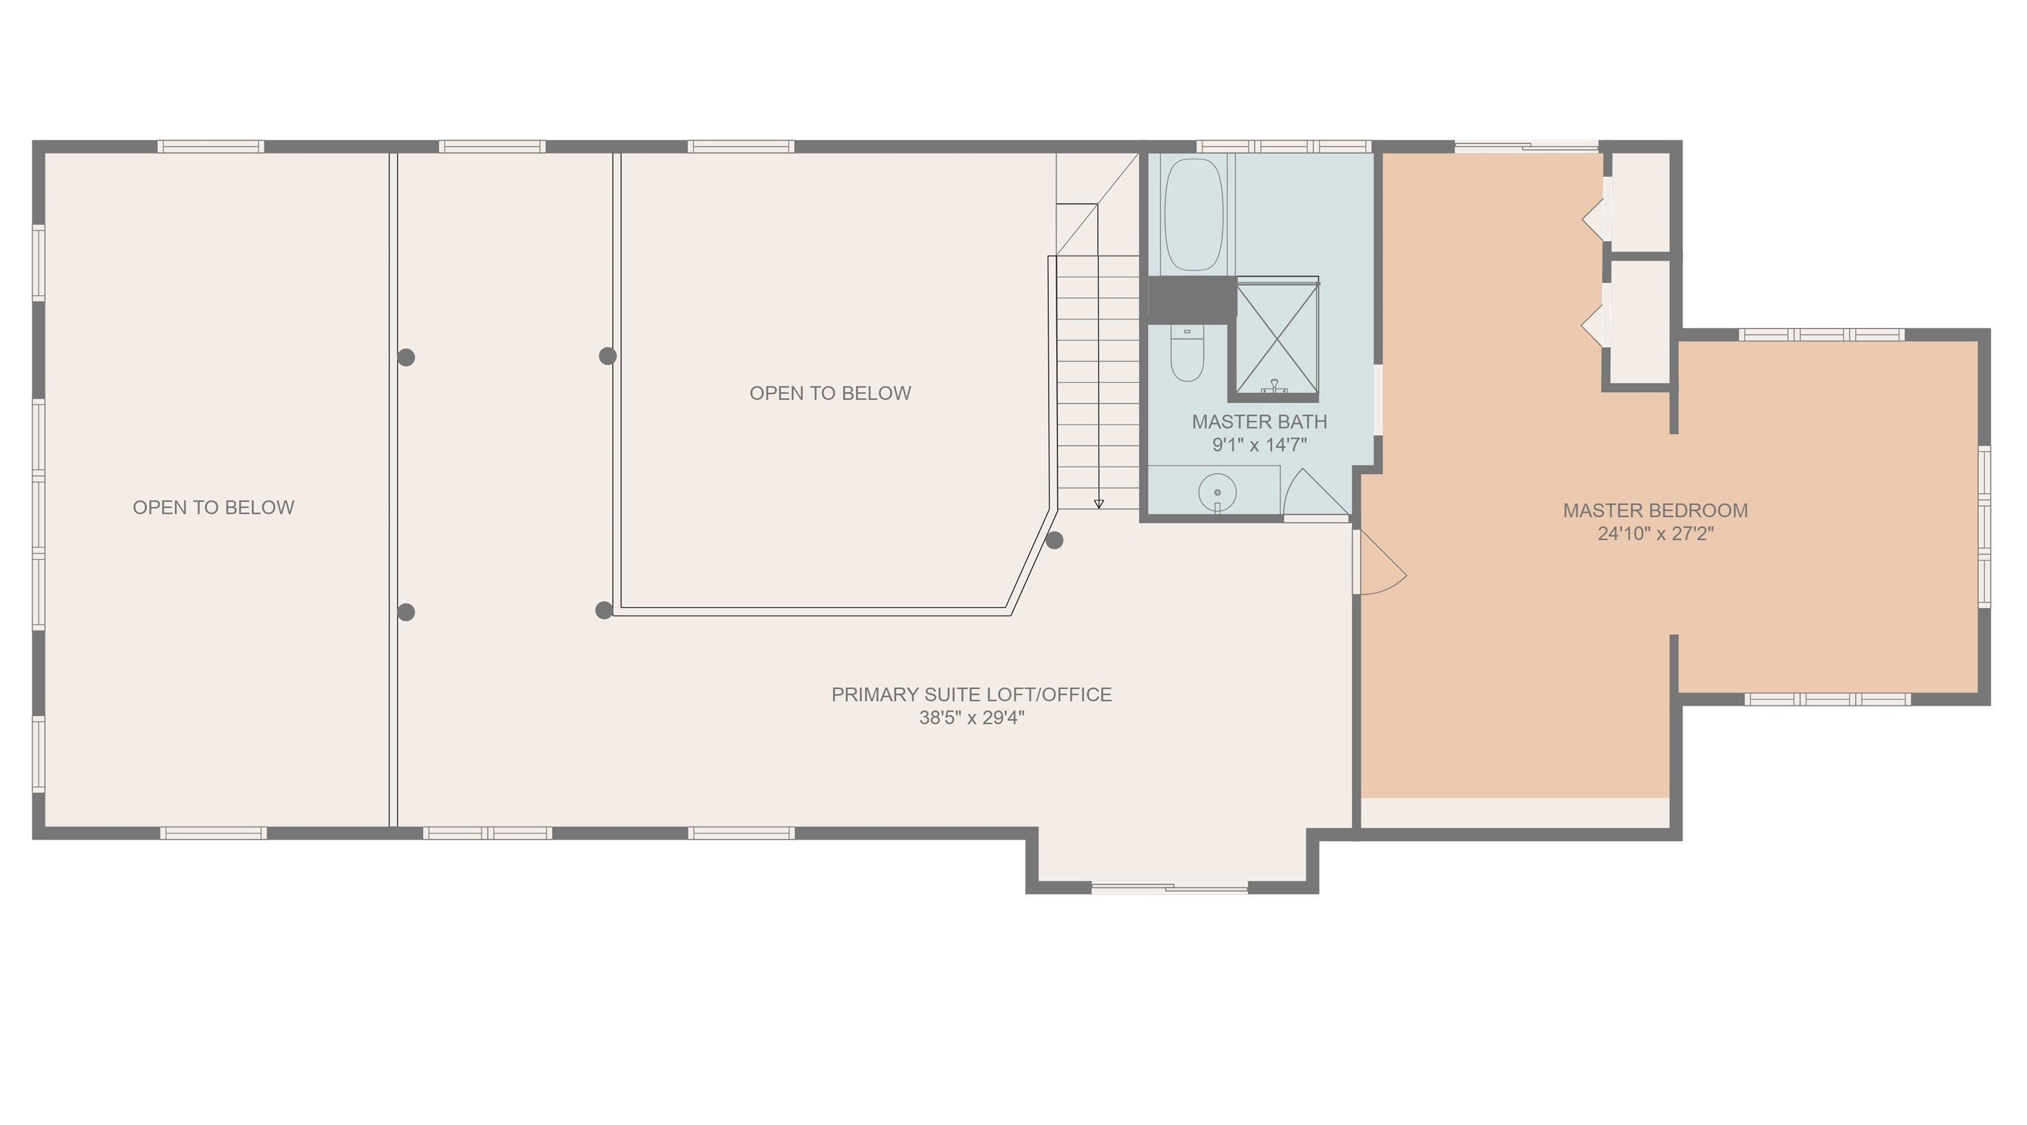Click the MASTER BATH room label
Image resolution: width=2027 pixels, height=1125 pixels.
pyautogui.click(x=1259, y=422)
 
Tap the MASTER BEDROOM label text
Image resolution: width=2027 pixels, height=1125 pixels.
pyautogui.click(x=1655, y=510)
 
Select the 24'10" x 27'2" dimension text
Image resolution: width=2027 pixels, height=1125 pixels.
pyautogui.click(x=1655, y=533)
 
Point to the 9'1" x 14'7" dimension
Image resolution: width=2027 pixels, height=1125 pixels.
pyautogui.click(x=1259, y=446)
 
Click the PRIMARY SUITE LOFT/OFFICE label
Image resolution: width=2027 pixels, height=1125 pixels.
pyautogui.click(x=971, y=695)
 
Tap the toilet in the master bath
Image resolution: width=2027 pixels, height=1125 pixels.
pyautogui.click(x=1186, y=356)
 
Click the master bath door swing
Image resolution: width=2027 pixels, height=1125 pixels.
pyautogui.click(x=1314, y=494)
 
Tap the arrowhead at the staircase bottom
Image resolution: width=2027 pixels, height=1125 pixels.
pyautogui.click(x=1099, y=504)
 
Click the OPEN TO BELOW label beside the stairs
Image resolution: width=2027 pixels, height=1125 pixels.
pyautogui.click(x=829, y=393)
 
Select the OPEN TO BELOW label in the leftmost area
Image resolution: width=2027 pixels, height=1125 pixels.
pyautogui.click(x=213, y=508)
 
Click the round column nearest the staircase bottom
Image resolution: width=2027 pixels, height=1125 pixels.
pyautogui.click(x=1054, y=540)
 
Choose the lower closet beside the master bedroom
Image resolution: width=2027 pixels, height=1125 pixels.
pyautogui.click(x=1640, y=323)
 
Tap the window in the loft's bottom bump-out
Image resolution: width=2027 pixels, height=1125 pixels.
pyautogui.click(x=1169, y=888)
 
